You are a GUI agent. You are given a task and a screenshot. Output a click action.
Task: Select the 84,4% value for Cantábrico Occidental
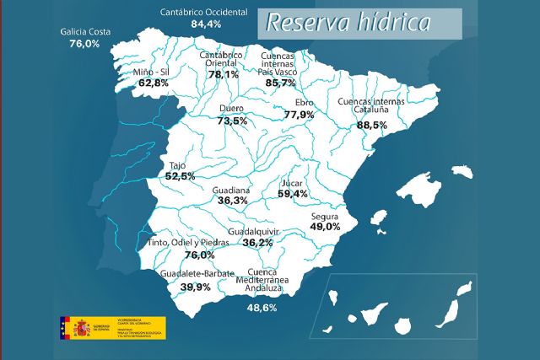[206, 24]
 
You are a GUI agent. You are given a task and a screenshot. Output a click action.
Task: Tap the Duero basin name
[231, 109]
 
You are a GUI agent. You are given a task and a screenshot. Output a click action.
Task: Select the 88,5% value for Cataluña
[372, 125]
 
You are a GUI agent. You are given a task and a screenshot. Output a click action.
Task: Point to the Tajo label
[177, 165]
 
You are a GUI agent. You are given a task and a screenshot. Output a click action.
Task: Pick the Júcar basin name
[291, 181]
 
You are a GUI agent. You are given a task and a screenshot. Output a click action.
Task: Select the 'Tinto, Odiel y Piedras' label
[189, 243]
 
